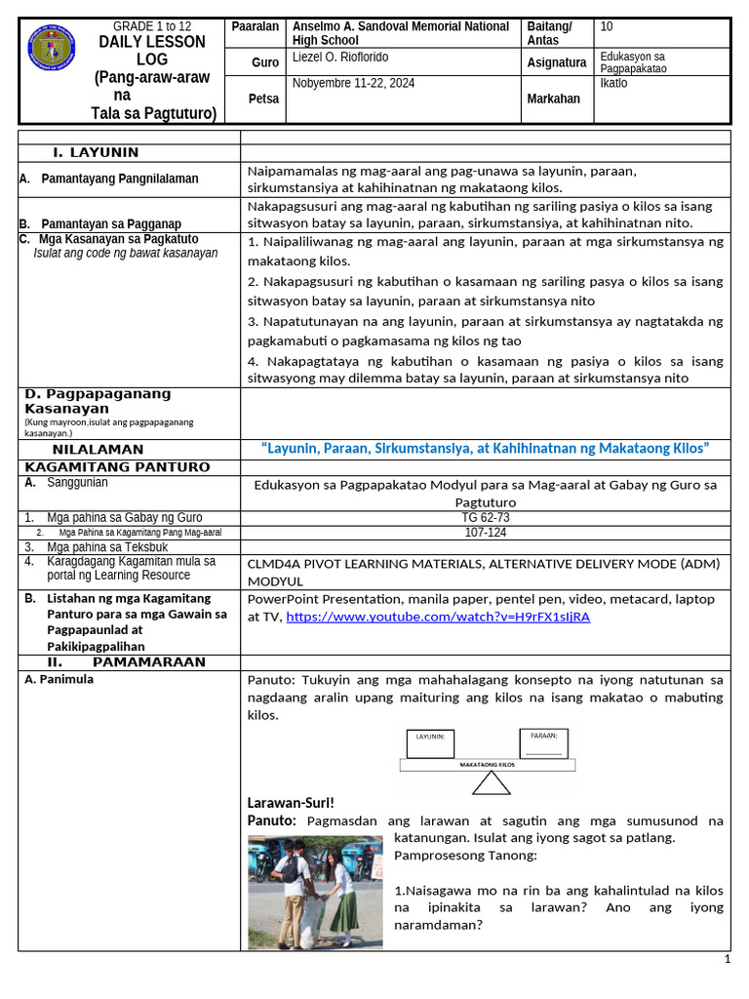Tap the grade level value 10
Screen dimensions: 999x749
pos(608,26)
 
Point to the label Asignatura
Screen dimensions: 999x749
pos(557,62)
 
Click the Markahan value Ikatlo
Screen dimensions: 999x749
pos(614,83)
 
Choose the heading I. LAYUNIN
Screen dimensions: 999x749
pos(96,152)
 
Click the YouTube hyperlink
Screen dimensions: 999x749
pos(438,617)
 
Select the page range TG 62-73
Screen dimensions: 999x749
pos(485,517)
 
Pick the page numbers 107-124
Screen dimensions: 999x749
pos(485,533)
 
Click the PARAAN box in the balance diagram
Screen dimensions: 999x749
pos(544,743)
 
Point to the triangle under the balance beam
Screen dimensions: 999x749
pos(490,782)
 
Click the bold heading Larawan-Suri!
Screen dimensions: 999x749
pos(291,802)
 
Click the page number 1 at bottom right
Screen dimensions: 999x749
pos(727,960)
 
